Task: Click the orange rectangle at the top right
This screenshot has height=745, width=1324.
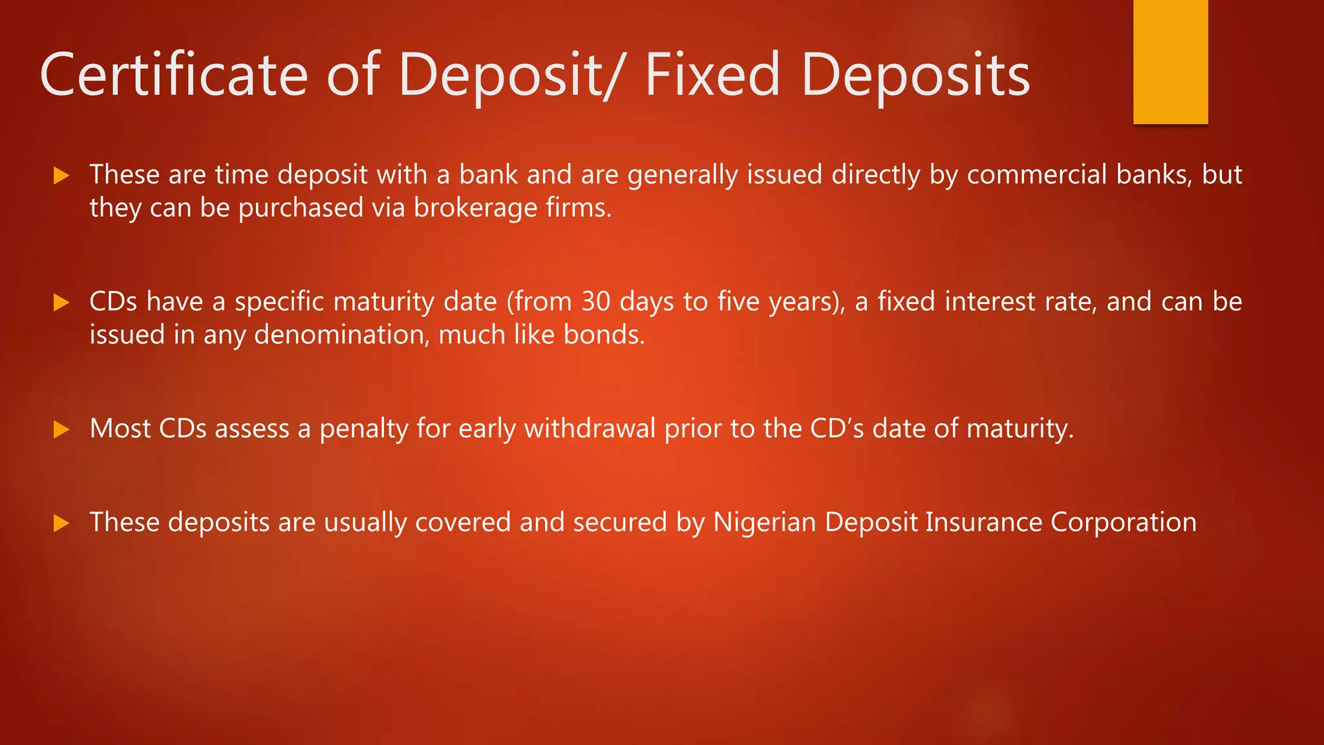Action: pos(1170,61)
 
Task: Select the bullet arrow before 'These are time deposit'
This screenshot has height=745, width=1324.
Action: pos(61,175)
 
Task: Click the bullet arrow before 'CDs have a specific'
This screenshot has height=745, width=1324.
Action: pos(61,302)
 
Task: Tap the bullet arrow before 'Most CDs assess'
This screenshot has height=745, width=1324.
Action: pos(61,429)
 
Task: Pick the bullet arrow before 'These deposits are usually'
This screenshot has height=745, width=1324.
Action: pos(61,523)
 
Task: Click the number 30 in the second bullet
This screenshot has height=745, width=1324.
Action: pos(595,302)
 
